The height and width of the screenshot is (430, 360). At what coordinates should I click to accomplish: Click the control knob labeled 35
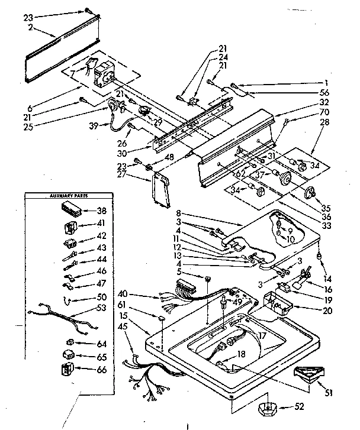click(309, 193)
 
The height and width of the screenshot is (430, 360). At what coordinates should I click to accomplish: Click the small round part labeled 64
click(69, 342)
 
